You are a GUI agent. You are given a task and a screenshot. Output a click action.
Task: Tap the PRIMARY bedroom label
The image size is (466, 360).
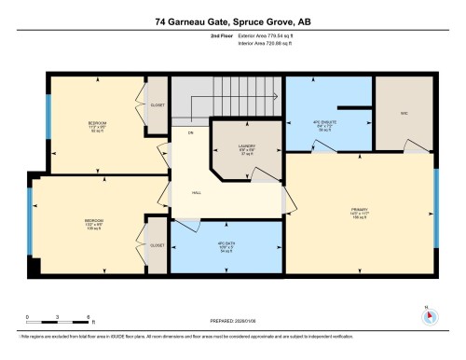(x=359, y=214)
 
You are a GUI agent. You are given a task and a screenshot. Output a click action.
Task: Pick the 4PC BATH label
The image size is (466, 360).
(x=224, y=248)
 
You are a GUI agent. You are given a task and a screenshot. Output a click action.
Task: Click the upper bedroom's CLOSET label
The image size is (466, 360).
(x=158, y=105)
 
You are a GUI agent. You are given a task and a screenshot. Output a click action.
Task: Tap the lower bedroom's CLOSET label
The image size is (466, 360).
(x=157, y=245)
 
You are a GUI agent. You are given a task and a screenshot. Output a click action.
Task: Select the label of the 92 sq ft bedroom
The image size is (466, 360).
(x=97, y=125)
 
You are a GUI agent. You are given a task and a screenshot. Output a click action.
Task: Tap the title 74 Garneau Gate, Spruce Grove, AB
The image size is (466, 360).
(x=232, y=20)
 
